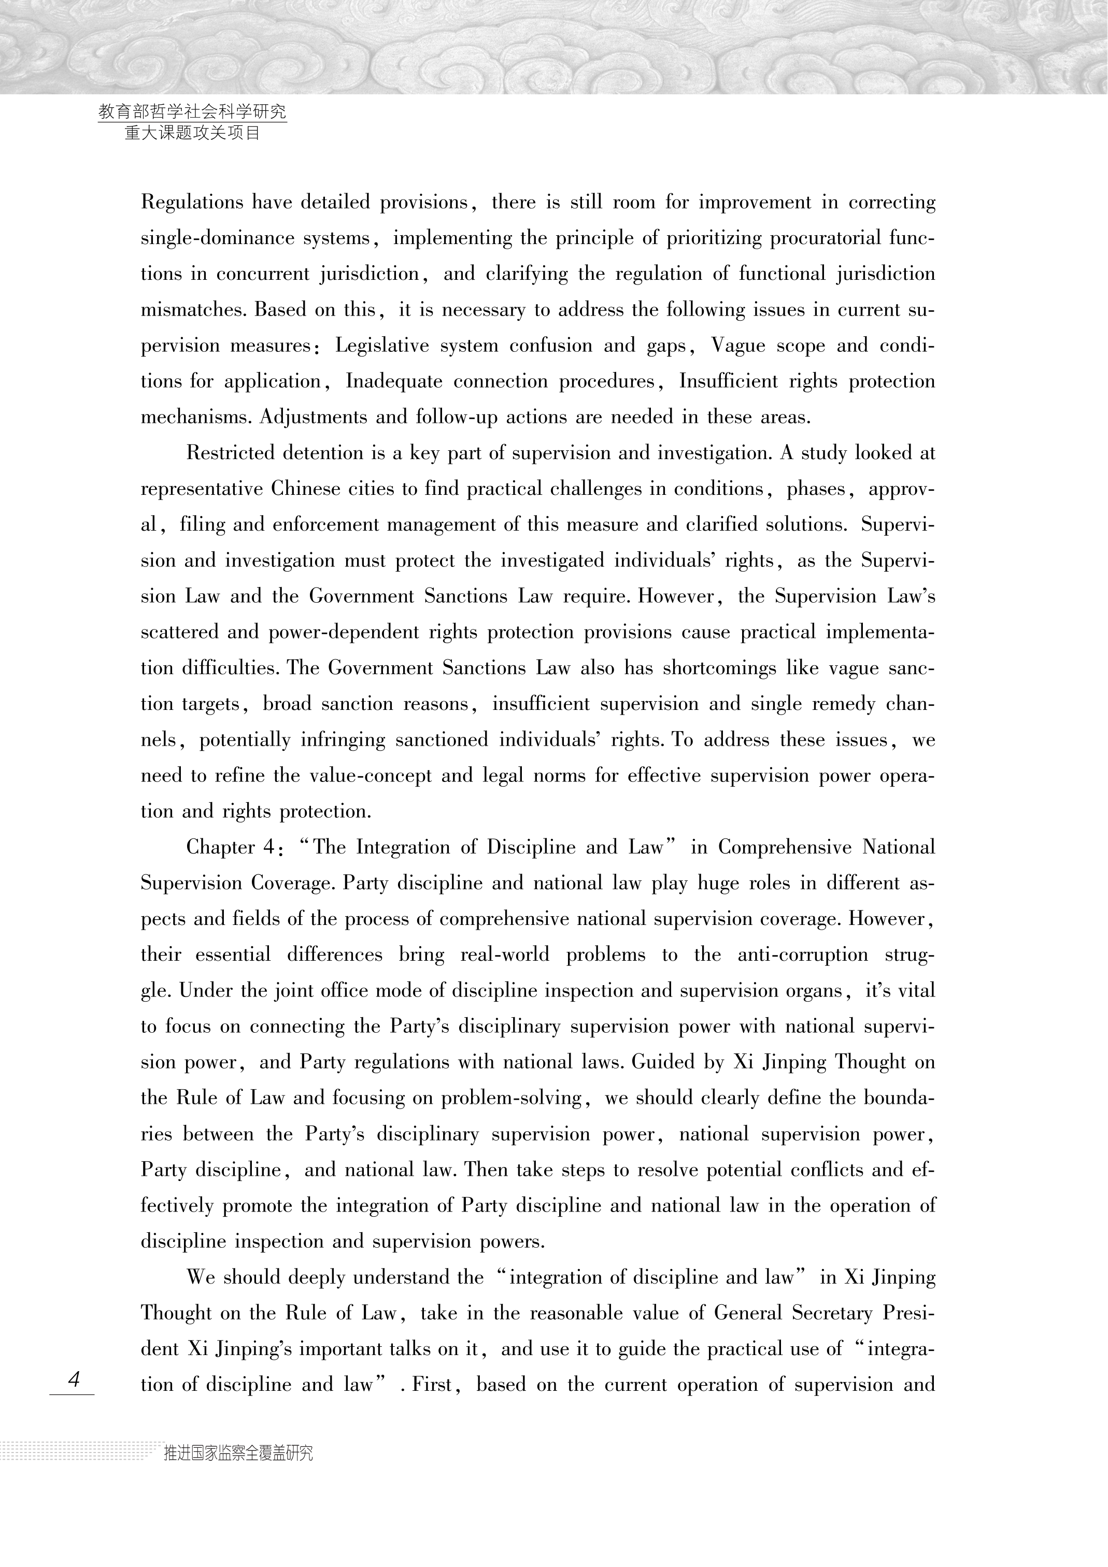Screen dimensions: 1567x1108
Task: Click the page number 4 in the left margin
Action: [74, 1379]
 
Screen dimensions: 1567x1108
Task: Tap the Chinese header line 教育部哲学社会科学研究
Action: [192, 111]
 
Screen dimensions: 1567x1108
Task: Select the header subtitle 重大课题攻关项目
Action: [192, 133]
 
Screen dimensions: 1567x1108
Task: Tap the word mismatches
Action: [192, 310]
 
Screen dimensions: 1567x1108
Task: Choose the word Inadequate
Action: [394, 381]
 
